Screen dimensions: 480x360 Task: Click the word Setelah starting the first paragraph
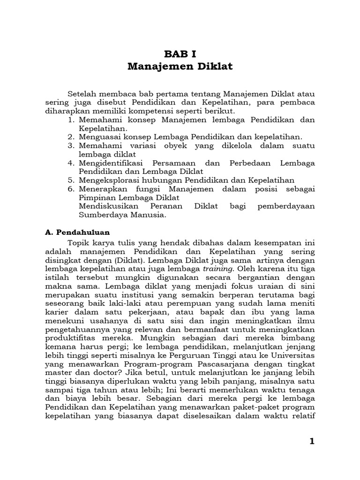(x=83, y=94)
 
